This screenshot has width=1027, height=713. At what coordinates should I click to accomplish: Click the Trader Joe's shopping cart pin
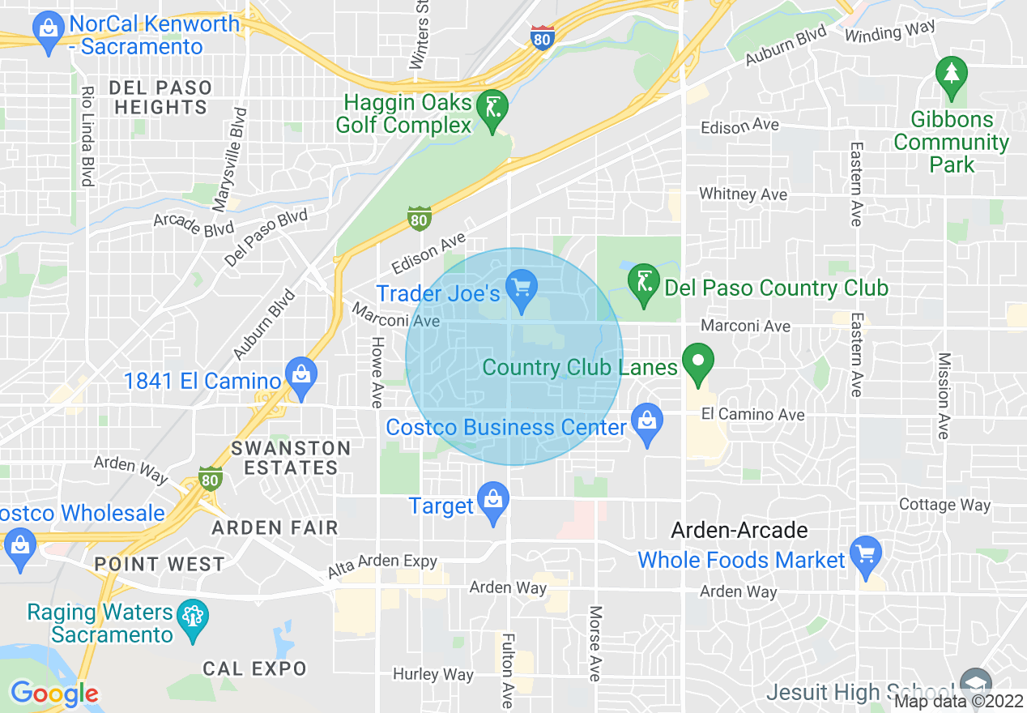coord(522,290)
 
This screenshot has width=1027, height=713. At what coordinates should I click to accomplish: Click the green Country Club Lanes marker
coord(697,364)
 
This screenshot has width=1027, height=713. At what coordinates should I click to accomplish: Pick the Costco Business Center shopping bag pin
coord(646,424)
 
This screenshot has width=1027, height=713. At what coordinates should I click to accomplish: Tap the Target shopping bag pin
coord(492,502)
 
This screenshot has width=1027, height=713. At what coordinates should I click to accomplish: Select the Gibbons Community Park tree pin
coord(952,75)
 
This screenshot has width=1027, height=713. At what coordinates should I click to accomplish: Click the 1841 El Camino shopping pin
coord(301,378)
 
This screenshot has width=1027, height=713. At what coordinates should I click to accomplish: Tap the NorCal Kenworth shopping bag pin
coord(48,32)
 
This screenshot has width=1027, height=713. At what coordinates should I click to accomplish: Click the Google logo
coord(54,694)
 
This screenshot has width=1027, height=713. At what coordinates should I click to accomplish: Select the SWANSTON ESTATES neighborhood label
coord(291,458)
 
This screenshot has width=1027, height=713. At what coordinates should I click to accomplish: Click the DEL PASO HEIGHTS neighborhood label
coord(160,97)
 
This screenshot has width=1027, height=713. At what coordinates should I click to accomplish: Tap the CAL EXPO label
coord(255,668)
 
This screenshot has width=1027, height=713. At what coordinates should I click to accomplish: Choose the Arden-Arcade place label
coord(739,531)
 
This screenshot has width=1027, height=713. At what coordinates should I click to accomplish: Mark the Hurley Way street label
coord(433,674)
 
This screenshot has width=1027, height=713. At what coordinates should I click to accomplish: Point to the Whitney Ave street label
coord(743,194)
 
